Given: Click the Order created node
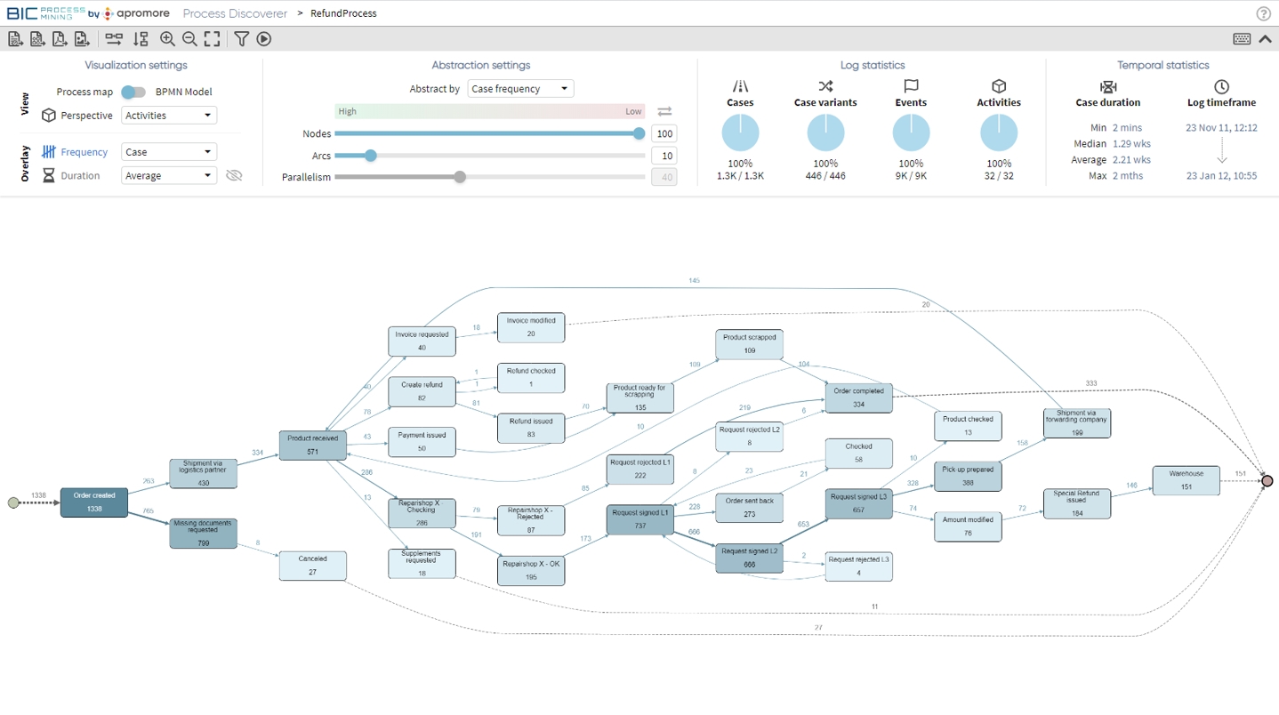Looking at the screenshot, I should [x=94, y=502].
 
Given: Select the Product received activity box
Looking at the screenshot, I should [x=312, y=446].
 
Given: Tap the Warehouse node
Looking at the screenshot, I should [x=1186, y=480].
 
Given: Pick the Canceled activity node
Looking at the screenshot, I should [x=312, y=566].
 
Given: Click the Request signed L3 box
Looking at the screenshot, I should [x=858, y=503].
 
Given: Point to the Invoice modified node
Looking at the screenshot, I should [x=531, y=327].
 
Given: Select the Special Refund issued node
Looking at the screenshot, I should [x=1076, y=503].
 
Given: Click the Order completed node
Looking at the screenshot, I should [x=858, y=398].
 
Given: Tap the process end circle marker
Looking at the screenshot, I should [x=1267, y=481].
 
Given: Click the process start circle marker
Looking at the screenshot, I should [x=13, y=503].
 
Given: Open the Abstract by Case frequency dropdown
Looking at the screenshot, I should [x=520, y=89].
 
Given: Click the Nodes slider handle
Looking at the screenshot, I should [x=639, y=133].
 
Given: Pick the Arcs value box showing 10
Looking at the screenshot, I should [x=664, y=156].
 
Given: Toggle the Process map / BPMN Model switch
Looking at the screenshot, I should [x=133, y=92].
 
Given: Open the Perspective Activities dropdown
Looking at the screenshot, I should [x=169, y=116].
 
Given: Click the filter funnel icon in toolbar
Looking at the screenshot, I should [x=241, y=39].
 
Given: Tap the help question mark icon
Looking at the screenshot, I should [x=1263, y=13].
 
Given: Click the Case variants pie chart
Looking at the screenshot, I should [x=825, y=133].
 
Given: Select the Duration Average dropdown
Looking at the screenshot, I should [x=169, y=176].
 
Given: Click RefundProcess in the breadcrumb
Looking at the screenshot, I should [x=343, y=13].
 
